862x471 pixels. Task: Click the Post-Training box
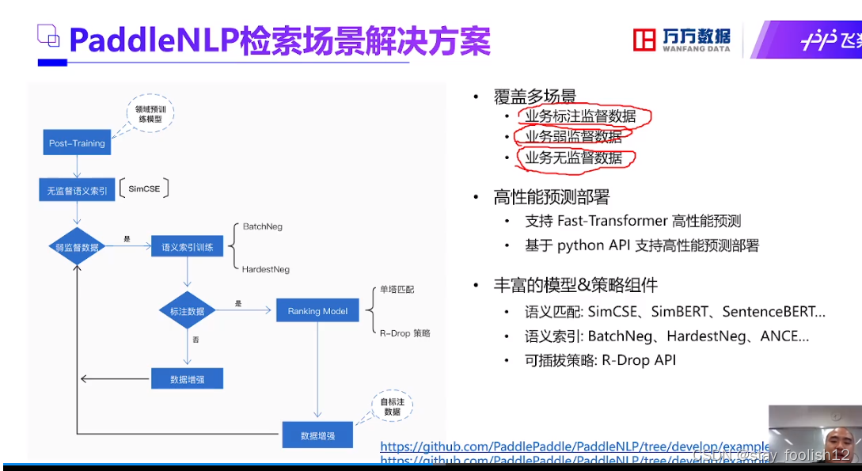click(77, 143)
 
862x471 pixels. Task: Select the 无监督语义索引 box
click(77, 190)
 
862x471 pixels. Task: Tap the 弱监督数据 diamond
click(76, 247)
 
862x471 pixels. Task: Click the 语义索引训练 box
click(187, 247)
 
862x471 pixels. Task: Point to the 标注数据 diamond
click(187, 311)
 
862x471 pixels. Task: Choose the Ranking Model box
click(317, 311)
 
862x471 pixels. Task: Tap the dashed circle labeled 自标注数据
click(393, 407)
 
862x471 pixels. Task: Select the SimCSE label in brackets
click(144, 189)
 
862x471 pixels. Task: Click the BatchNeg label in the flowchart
click(262, 226)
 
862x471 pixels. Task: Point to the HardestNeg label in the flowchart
click(266, 269)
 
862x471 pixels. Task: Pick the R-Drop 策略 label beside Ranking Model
click(404, 333)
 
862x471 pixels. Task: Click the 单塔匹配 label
click(397, 290)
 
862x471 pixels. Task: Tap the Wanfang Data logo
click(682, 39)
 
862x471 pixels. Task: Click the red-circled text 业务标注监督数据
click(580, 116)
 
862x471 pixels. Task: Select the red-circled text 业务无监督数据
click(574, 158)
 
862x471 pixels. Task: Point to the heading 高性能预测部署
click(551, 197)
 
